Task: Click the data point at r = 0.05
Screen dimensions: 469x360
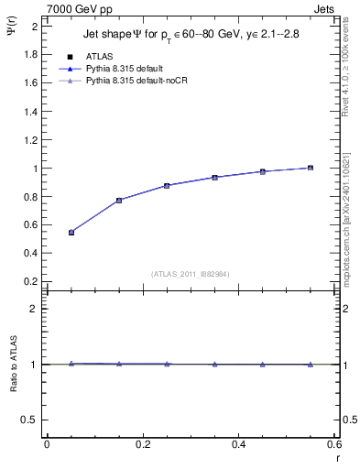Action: pos(71,233)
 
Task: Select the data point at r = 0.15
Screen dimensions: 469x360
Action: pos(119,200)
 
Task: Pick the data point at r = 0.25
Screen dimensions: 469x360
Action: pos(167,185)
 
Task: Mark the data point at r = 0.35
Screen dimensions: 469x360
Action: pos(214,177)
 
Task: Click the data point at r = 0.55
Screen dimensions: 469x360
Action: pos(311,168)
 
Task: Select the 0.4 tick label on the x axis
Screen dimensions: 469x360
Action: pos(238,443)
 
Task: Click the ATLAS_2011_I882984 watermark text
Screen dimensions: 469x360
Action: pos(191,273)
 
